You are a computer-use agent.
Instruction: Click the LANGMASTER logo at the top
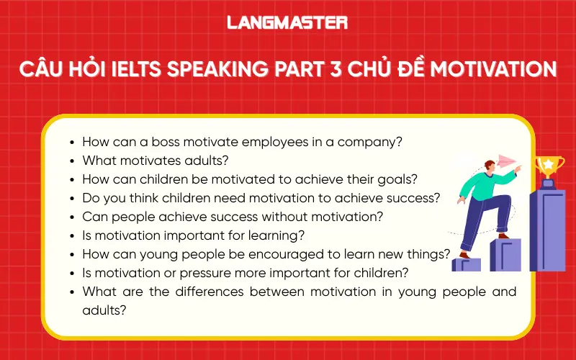(287, 22)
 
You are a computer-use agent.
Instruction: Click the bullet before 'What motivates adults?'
(73, 161)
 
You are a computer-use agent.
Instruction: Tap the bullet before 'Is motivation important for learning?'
(73, 235)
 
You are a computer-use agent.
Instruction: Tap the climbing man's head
(490, 167)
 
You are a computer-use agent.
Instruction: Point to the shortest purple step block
(466, 264)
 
